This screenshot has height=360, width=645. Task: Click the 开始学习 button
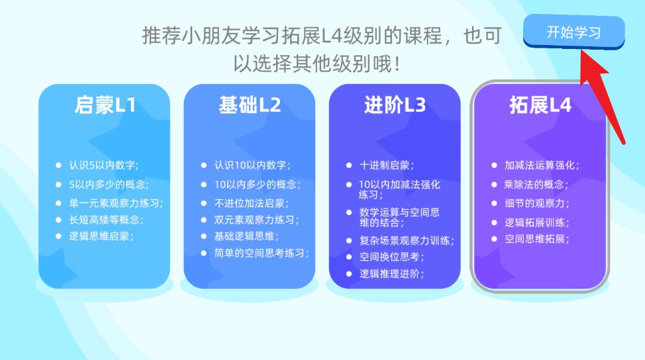574,32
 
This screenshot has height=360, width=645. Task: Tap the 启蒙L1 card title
105,105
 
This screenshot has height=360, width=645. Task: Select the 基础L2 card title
250,105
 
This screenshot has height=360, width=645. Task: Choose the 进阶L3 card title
395,105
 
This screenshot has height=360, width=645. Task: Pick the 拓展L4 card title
540,105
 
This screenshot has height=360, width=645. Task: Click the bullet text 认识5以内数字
104,165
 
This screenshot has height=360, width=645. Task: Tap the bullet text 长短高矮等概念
106,220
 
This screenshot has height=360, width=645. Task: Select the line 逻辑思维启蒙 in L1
101,236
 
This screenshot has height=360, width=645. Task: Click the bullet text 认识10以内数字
252,165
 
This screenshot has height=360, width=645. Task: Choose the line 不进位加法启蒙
252,203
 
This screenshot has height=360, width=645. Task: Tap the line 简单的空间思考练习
262,253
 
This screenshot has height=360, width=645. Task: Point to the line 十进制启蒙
387,165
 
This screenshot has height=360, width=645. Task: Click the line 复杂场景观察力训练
407,240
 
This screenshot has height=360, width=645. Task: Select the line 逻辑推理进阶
391,274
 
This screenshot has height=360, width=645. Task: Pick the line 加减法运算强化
542,165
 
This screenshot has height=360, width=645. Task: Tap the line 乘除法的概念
536,185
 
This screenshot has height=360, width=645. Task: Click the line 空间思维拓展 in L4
537,239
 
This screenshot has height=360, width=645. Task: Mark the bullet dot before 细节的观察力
494,203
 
